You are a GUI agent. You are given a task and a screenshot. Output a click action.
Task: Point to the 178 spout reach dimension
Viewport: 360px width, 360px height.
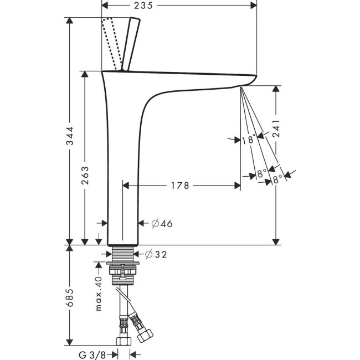click(x=179, y=186)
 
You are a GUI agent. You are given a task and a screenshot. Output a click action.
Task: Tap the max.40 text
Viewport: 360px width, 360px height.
click(x=99, y=295)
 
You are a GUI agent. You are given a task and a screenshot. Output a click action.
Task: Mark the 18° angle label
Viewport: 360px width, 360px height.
click(x=249, y=141)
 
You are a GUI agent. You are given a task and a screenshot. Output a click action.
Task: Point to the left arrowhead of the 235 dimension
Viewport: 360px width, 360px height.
click(x=105, y=5)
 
